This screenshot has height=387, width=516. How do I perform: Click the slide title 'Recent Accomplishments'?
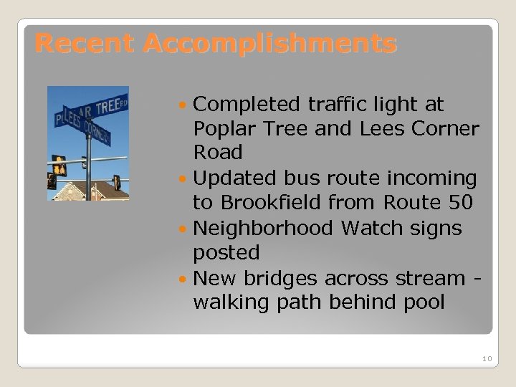pos(215,44)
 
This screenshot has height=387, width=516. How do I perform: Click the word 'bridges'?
pos(284,277)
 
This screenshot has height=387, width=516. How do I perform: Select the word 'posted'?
pos(226,252)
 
